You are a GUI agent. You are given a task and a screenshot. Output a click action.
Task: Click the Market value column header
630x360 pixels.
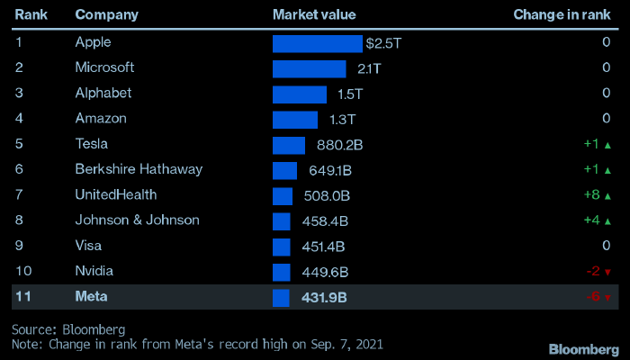pyautogui.click(x=314, y=14)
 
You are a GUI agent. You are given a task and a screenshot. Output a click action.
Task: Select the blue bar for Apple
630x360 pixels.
pyautogui.click(x=318, y=42)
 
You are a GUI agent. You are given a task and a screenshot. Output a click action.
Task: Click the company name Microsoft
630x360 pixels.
pyautogui.click(x=104, y=67)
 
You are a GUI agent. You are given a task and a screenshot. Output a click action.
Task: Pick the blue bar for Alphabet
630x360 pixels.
pyautogui.click(x=300, y=94)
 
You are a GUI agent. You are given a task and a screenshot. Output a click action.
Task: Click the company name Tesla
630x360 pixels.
pyautogui.click(x=93, y=144)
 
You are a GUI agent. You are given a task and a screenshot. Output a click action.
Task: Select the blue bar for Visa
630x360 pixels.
pyautogui.click(x=282, y=246)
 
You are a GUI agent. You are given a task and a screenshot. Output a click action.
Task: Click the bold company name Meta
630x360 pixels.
pyautogui.click(x=91, y=297)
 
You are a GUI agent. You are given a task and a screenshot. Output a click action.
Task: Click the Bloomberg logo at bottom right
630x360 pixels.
pyautogui.click(x=583, y=347)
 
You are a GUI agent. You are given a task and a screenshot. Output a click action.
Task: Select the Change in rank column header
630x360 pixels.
pyautogui.click(x=562, y=14)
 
